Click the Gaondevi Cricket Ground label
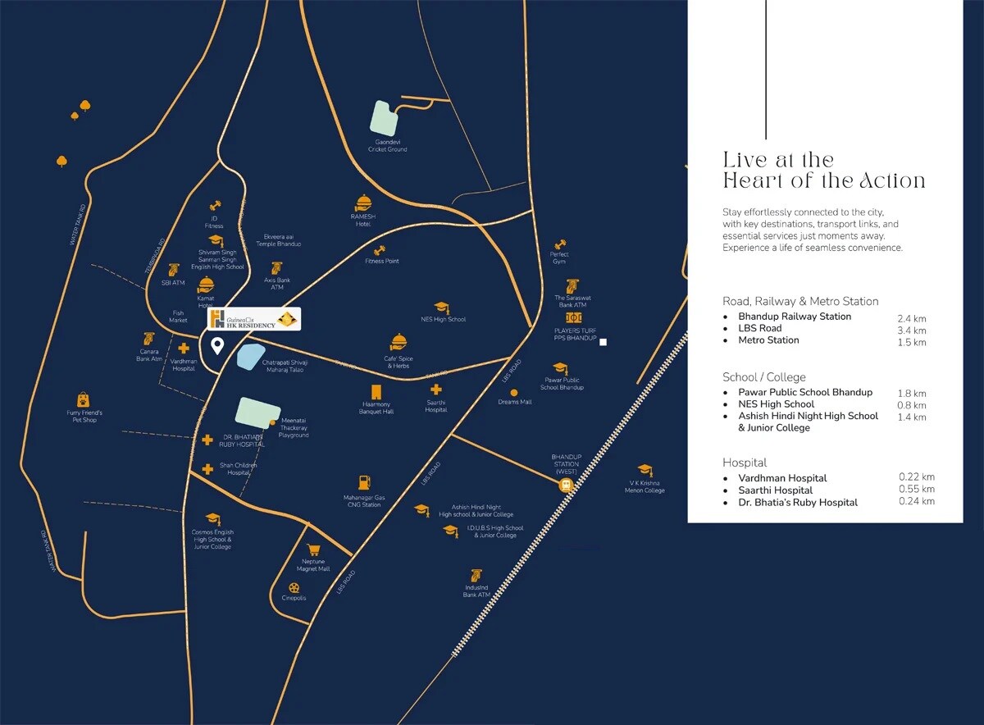pos(387,146)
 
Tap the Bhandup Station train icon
pos(566,485)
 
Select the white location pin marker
pos(217,345)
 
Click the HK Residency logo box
pos(253,319)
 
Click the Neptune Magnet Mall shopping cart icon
pos(312,550)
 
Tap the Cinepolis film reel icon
pos(294,587)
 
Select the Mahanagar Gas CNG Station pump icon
pos(361,483)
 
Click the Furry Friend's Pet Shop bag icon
pos(84,399)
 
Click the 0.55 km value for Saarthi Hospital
pos(916,490)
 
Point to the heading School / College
pos(764,377)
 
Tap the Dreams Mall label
pos(514,402)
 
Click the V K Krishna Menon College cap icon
pos(645,470)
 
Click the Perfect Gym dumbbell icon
pos(560,244)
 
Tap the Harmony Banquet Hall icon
pos(377,392)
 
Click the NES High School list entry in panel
pos(776,404)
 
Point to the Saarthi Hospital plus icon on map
pos(436,389)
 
